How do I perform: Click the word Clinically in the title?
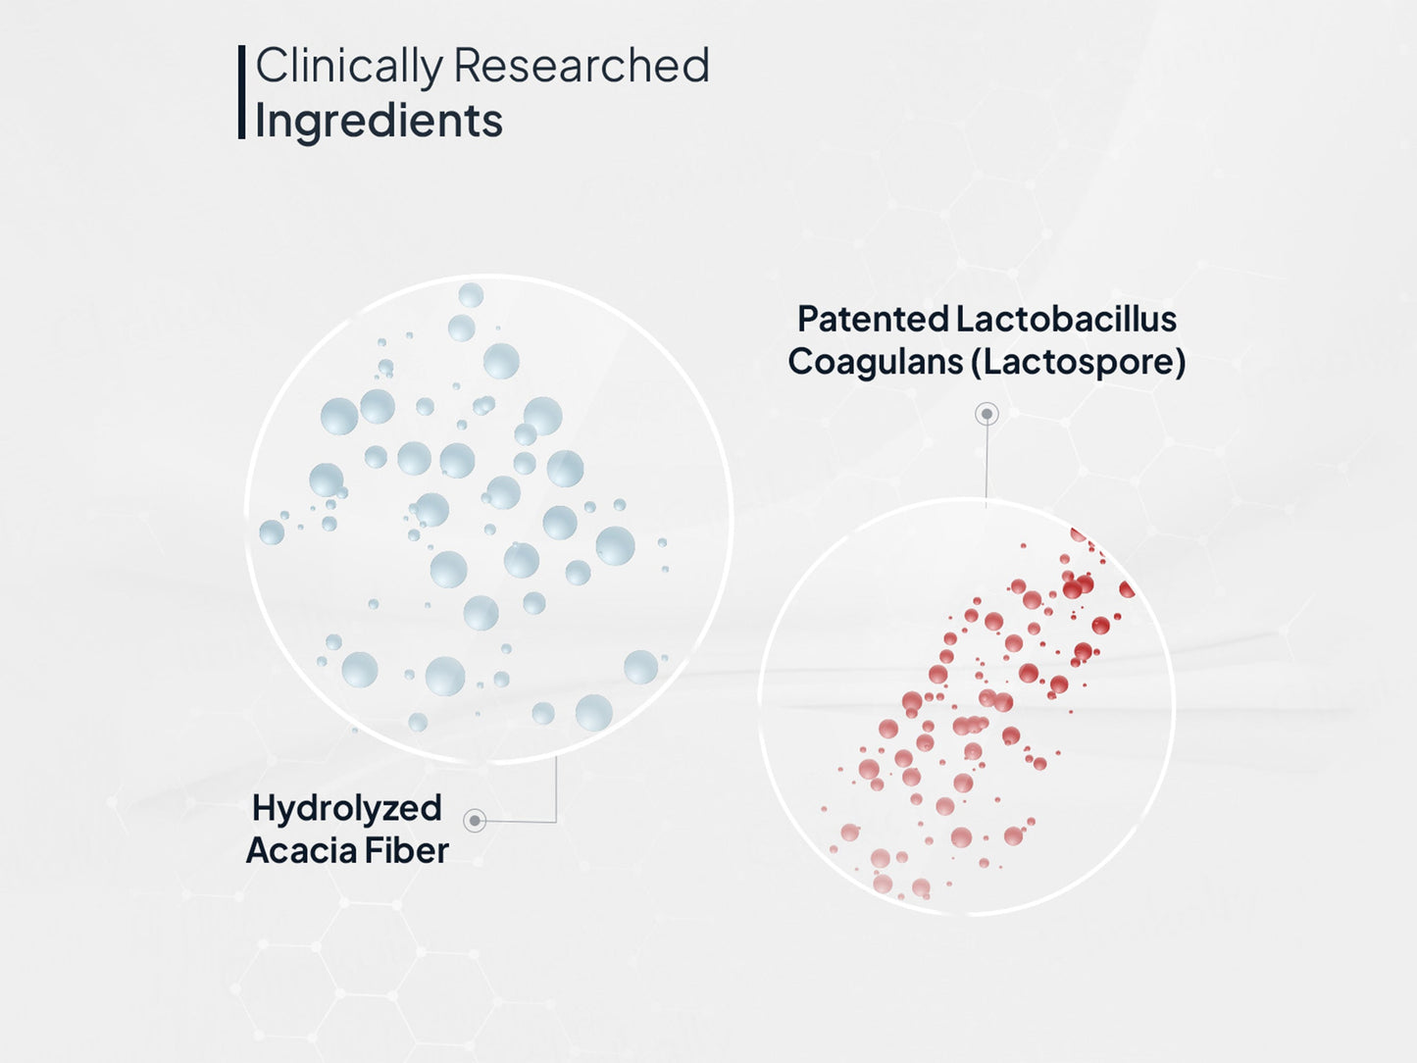coord(348,68)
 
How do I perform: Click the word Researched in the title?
coord(581,66)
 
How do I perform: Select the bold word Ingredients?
coord(379,122)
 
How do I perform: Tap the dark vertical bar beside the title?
coord(241,92)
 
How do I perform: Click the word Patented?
coord(873,319)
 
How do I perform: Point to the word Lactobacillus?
coord(1066,319)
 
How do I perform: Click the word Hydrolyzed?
coord(347,808)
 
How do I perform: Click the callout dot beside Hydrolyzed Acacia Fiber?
coord(475,821)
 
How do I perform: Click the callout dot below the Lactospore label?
coord(987,414)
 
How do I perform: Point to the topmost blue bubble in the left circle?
coord(471,294)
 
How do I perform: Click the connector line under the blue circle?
coord(556,789)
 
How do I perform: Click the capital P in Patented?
coord(807,319)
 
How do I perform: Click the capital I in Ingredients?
coord(260,121)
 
